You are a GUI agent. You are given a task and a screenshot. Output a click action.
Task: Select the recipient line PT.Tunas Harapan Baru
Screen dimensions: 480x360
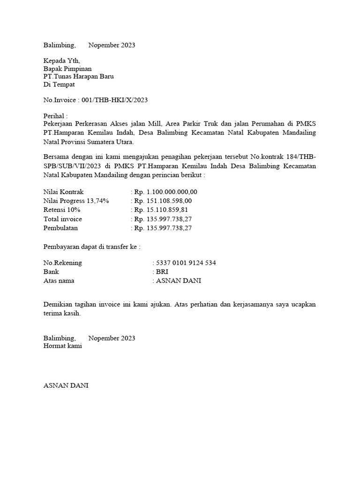(78, 76)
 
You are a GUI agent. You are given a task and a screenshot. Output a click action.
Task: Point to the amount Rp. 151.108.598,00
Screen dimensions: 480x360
(163, 201)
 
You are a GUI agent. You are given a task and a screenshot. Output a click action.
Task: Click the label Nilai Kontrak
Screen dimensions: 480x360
(63, 192)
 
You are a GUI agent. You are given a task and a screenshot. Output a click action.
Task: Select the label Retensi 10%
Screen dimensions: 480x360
(62, 210)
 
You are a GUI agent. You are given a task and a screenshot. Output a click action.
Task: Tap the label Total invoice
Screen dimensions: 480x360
(63, 219)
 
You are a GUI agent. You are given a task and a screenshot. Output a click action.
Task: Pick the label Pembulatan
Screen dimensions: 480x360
(61, 228)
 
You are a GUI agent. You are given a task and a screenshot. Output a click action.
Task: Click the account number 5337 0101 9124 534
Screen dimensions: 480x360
(186, 263)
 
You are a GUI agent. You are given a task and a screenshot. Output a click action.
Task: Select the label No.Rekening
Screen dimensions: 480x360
(62, 263)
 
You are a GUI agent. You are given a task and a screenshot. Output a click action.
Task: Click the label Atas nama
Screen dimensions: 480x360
(59, 281)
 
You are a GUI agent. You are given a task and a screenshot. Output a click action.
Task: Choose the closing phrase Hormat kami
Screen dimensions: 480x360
(63, 346)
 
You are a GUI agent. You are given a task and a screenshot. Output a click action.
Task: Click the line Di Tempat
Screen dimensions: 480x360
(59, 84)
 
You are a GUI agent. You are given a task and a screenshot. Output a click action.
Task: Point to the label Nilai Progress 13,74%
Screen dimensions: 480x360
(76, 201)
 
